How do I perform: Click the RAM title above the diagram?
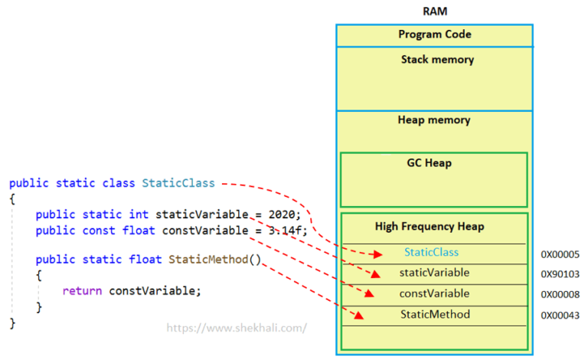pyautogui.click(x=435, y=11)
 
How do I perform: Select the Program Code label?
pyautogui.click(x=435, y=34)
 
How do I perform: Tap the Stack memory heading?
pyautogui.click(x=437, y=60)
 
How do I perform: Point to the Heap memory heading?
pyautogui.click(x=434, y=120)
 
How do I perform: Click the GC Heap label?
pyautogui.click(x=430, y=163)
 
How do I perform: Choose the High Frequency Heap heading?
pyautogui.click(x=430, y=227)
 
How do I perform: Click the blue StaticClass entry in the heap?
pyautogui.click(x=431, y=252)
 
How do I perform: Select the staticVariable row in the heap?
pyautogui.click(x=434, y=273)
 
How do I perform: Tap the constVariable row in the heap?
pyautogui.click(x=434, y=293)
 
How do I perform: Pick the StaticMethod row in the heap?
pyautogui.click(x=435, y=314)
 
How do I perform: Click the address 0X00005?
pyautogui.click(x=560, y=254)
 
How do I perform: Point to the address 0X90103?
pyautogui.click(x=560, y=274)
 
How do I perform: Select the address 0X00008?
pyautogui.click(x=560, y=294)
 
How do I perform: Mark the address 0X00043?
pyautogui.click(x=560, y=316)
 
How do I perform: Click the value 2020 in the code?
pyautogui.click(x=282, y=214)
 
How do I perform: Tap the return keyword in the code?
pyautogui.click(x=82, y=291)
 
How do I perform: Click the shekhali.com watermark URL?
pyautogui.click(x=237, y=328)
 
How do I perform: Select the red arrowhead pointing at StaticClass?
pyautogui.click(x=377, y=254)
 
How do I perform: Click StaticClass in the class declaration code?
pyautogui.click(x=178, y=183)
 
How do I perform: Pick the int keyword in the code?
pyautogui.click(x=139, y=214)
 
